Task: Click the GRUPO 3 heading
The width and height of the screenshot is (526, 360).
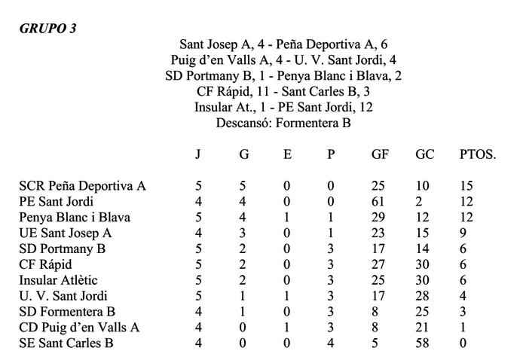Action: point(47,29)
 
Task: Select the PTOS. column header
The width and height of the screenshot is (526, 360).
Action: point(478,156)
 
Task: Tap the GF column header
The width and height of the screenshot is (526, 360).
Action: point(381,156)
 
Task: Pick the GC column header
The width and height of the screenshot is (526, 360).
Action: point(424,156)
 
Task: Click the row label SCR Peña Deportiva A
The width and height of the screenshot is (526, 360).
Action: point(82,186)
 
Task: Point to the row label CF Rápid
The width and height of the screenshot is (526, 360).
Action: point(47,264)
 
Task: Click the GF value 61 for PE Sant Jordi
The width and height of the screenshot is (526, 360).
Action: point(379,202)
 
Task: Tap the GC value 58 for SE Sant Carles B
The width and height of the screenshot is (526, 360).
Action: point(423,343)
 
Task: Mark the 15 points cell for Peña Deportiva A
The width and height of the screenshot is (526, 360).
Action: point(466,186)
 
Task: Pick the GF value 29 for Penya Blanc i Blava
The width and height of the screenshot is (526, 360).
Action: point(379,218)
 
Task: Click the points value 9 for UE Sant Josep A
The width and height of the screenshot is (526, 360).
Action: point(463,233)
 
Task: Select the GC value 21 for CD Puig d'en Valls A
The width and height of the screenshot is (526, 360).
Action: point(423,327)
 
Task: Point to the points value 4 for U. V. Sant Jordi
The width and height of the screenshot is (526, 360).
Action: point(463,296)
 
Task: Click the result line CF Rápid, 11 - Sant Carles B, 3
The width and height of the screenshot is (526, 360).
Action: point(283,91)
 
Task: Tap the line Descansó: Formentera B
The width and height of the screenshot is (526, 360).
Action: point(283,123)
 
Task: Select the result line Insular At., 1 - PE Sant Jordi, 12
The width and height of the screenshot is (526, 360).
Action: point(283,107)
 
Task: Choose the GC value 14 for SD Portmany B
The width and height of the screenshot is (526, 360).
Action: point(423,249)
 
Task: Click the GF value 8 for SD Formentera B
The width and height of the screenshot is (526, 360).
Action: point(375,311)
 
